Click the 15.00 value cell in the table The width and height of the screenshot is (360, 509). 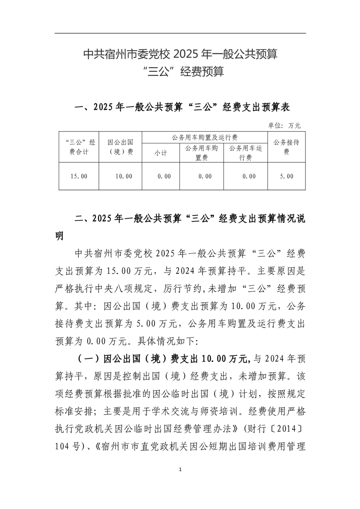[79, 176]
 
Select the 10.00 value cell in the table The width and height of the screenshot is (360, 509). [123, 176]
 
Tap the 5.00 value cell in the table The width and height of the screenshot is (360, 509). [286, 176]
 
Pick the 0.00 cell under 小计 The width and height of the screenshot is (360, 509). [161, 176]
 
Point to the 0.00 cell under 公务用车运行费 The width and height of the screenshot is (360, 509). [246, 176]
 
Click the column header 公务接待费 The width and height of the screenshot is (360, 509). [286, 147]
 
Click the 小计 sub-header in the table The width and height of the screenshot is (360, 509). [161, 153]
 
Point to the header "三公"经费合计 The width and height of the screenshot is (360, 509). [79, 147]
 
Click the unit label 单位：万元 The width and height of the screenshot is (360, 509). [285, 125]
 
